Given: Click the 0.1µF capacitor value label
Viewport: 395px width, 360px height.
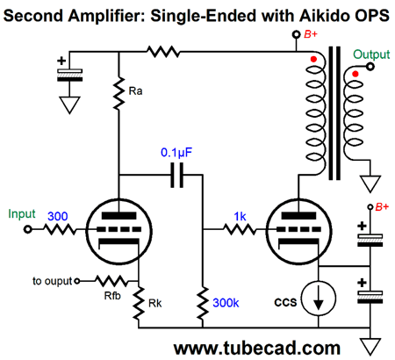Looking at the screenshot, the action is click(x=176, y=153).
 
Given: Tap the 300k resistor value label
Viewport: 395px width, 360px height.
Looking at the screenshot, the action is click(x=226, y=303).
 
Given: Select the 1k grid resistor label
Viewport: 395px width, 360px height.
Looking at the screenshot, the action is click(x=240, y=217).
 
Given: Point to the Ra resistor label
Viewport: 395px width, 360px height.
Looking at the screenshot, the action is click(x=135, y=91).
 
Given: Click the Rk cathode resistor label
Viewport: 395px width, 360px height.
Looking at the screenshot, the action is click(x=155, y=304).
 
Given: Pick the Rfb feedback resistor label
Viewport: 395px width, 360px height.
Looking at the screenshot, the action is click(x=112, y=296).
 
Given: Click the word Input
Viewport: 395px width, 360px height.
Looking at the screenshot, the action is click(x=22, y=214).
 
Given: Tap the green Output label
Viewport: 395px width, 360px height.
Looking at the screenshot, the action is click(x=371, y=54).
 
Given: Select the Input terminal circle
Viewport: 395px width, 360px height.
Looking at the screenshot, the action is click(x=28, y=229).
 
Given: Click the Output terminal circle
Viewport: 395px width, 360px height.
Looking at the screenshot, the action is click(x=370, y=67).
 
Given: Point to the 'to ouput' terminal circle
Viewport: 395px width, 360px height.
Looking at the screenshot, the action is click(x=77, y=281).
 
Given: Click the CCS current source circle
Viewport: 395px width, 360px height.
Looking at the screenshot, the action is click(x=319, y=299).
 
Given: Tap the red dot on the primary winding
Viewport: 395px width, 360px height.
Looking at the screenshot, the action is click(x=313, y=60).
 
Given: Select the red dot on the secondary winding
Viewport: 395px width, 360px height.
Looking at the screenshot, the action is click(x=355, y=74).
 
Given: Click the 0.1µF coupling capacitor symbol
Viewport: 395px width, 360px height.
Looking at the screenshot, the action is click(x=177, y=176).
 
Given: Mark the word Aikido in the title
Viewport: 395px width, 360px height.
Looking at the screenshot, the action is click(x=321, y=15).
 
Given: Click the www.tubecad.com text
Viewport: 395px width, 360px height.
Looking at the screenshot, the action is click(x=257, y=349).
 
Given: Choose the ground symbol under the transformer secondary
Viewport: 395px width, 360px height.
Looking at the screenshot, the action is click(x=370, y=184).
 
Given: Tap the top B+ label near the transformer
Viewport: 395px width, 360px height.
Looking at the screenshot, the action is click(x=311, y=34).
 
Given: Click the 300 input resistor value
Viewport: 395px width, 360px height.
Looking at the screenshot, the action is click(x=58, y=217).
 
